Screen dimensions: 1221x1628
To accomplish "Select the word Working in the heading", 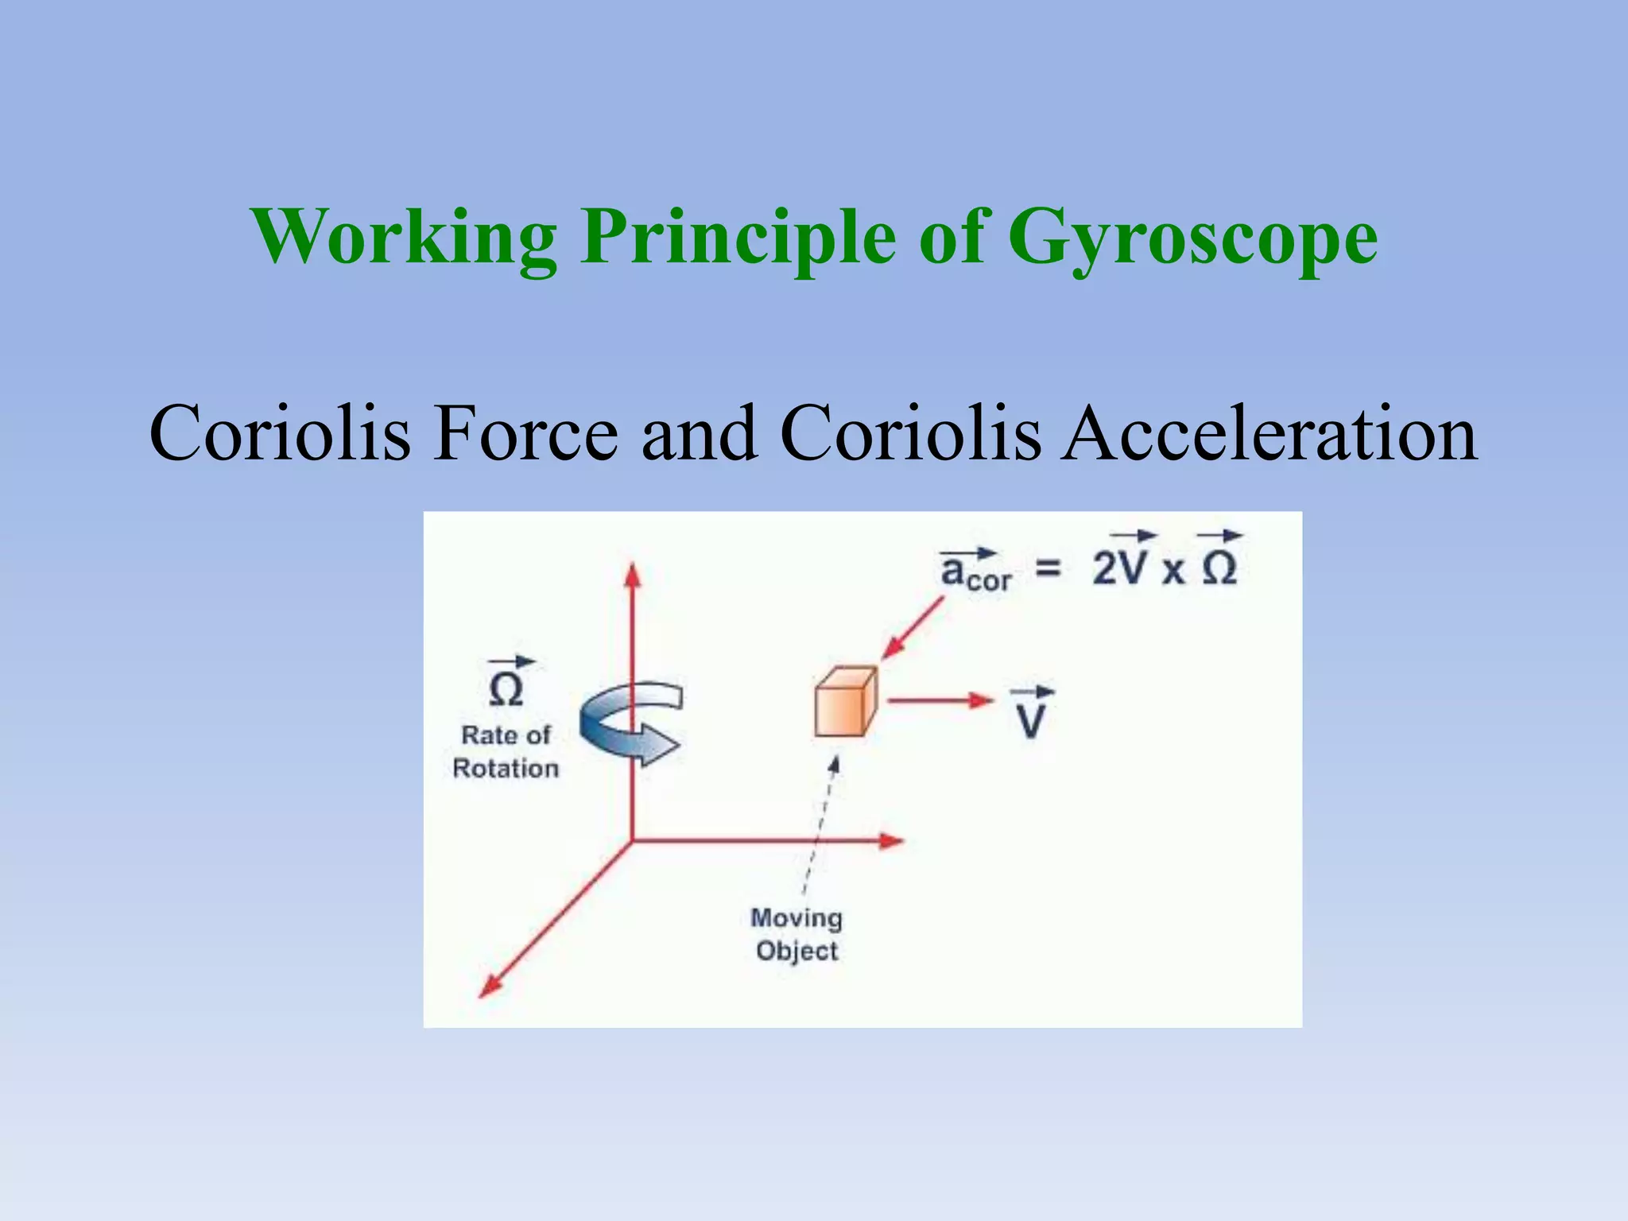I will point(404,237).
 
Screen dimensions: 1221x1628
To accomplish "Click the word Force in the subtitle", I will point(525,434).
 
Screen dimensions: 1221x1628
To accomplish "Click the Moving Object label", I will point(797,935).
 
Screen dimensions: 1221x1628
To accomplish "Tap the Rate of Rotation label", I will point(506,752).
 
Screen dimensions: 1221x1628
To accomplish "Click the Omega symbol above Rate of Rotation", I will point(506,688).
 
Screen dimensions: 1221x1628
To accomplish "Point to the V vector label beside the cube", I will point(1031,718).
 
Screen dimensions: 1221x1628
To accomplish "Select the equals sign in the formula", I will point(1049,568).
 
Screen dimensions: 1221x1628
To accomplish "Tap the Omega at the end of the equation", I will point(1219,568).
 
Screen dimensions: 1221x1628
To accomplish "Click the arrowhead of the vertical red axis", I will point(633,575).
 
